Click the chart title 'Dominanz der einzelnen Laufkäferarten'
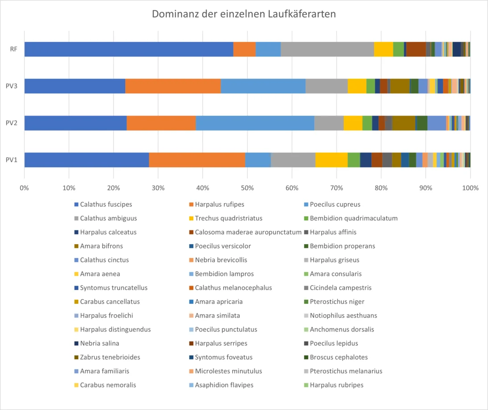(244, 14)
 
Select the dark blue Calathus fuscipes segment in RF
(129, 49)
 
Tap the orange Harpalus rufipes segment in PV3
(173, 86)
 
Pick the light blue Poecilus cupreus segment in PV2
(255, 123)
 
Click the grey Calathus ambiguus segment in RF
(328, 49)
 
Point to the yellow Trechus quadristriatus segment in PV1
(332, 160)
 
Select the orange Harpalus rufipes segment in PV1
(197, 160)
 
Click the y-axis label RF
(14, 49)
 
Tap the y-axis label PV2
(12, 123)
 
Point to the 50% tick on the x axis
(247, 188)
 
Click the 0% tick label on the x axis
(24, 188)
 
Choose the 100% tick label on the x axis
(470, 188)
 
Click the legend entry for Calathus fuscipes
(103, 205)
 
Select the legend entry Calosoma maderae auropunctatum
(245, 232)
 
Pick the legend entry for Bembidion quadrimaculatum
(351, 218)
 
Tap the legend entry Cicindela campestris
(338, 287)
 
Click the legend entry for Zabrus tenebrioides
(107, 357)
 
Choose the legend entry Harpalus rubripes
(334, 385)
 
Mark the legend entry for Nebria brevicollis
(218, 260)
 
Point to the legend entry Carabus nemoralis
(105, 385)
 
